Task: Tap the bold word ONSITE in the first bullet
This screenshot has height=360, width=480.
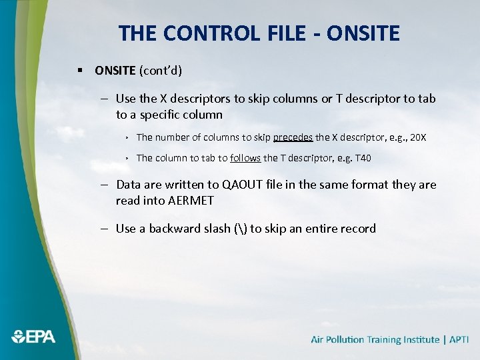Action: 115,70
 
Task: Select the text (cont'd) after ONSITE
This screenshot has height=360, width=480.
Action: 161,70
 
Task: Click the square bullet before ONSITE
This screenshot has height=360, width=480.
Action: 79,70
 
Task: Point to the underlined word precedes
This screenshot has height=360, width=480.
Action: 293,137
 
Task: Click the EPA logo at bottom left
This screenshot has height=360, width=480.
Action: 33,337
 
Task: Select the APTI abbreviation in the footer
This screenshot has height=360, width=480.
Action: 459,339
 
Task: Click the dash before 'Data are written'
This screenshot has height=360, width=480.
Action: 106,185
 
